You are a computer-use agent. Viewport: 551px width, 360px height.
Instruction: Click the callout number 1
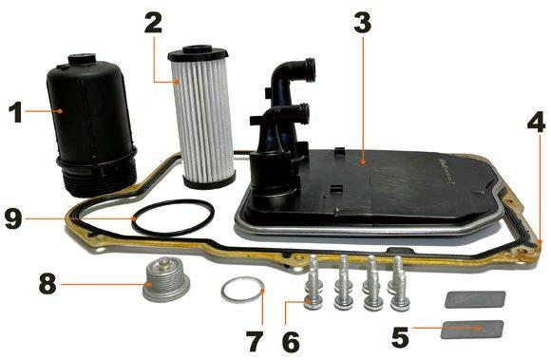(16, 112)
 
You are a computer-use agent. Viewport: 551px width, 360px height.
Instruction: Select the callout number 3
(362, 21)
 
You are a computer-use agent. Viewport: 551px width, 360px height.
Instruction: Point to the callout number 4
(536, 120)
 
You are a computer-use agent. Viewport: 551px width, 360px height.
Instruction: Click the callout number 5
(401, 337)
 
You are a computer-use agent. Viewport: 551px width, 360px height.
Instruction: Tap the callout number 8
(47, 283)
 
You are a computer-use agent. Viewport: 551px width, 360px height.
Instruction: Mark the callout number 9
(13, 218)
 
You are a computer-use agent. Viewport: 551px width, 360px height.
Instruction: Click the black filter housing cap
(91, 123)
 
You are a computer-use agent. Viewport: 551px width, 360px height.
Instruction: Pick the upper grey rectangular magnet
(475, 299)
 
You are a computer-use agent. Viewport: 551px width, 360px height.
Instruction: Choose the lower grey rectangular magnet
(472, 330)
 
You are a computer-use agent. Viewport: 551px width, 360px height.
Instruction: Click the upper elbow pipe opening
(310, 69)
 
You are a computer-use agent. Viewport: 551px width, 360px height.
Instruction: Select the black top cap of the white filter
(198, 53)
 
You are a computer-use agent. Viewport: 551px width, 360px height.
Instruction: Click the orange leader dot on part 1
(60, 111)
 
